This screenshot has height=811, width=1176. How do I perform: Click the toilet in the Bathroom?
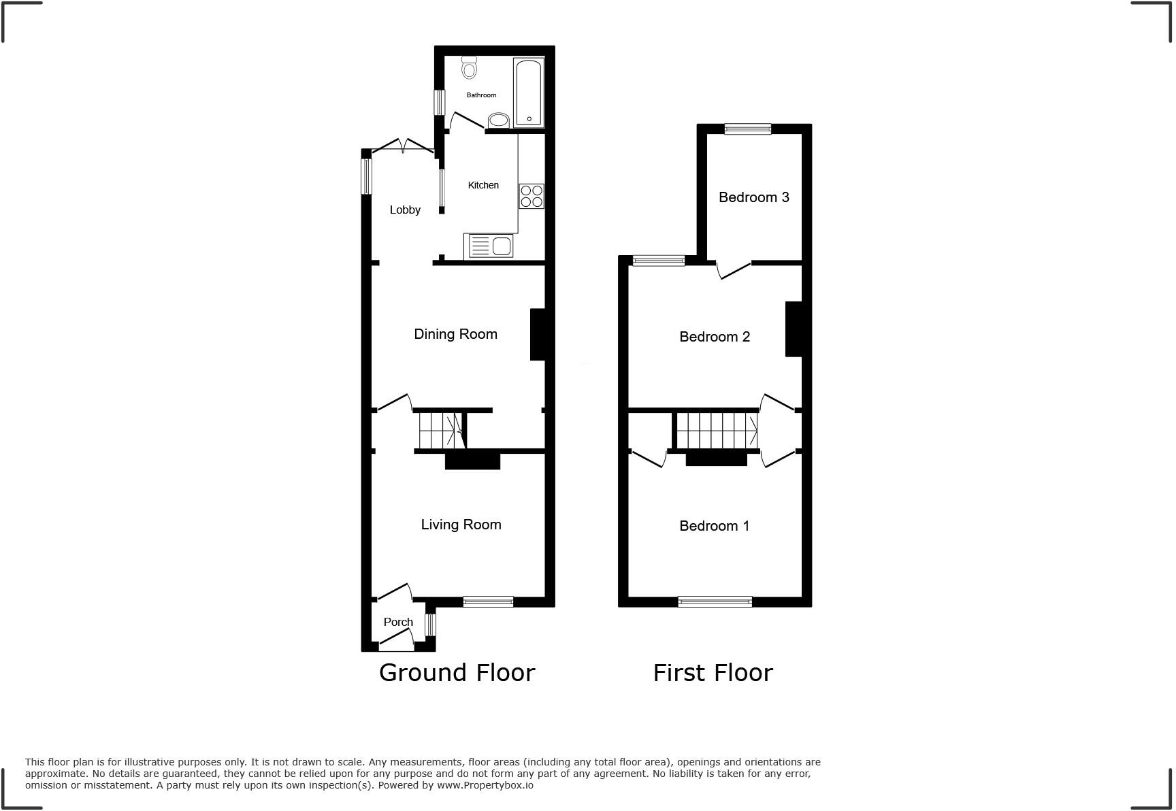(x=469, y=67)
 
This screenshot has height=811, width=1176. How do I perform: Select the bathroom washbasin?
(x=499, y=121)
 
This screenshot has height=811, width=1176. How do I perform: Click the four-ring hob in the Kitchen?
(x=532, y=196)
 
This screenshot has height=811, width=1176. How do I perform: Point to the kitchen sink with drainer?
(x=489, y=246)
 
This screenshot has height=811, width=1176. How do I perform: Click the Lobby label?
(x=405, y=210)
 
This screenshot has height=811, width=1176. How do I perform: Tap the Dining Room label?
(x=455, y=334)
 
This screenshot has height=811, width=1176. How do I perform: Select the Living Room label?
(x=461, y=525)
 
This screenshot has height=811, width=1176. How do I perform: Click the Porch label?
(x=398, y=622)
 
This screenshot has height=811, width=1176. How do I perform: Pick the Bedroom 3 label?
(x=753, y=197)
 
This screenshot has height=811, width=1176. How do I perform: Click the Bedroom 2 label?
(x=715, y=337)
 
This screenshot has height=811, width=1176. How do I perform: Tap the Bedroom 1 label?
(x=714, y=526)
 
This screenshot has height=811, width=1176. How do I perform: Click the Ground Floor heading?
(x=457, y=673)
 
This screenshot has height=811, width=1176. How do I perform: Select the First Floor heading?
(x=713, y=673)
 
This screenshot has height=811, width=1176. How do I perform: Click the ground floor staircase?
(x=439, y=431)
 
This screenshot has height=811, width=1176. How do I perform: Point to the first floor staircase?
(x=717, y=431)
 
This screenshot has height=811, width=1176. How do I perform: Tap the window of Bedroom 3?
(x=747, y=129)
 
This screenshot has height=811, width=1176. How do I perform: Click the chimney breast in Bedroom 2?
(x=794, y=329)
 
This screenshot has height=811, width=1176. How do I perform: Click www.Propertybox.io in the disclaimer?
(x=485, y=785)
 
